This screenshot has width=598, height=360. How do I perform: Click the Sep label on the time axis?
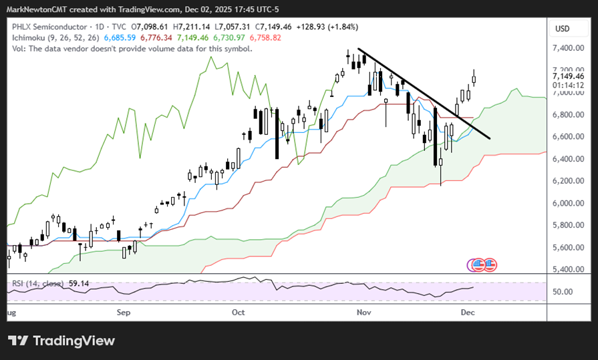(x=124, y=312)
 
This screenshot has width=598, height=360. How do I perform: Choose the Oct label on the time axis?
(x=239, y=312)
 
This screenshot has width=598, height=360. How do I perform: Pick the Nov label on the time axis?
(x=364, y=312)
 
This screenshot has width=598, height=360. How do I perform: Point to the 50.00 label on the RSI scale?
(x=563, y=292)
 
